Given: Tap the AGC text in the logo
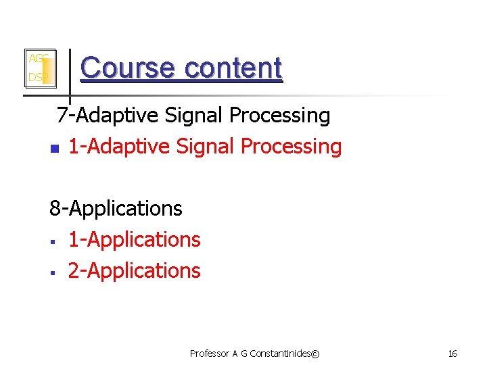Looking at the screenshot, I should click(x=37, y=59).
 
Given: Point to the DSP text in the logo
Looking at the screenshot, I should click(x=35, y=78).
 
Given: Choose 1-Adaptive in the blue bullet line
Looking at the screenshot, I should click(x=110, y=147).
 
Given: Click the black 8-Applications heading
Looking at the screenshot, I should click(x=116, y=209).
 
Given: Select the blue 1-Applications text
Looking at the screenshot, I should click(x=134, y=240).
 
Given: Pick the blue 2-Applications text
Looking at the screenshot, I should click(x=134, y=271).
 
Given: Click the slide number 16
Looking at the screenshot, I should click(x=453, y=354).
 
